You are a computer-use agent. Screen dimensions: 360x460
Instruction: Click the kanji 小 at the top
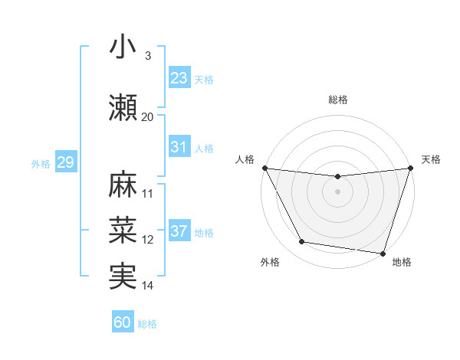pos(123,47)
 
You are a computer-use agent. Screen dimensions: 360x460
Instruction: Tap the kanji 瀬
pos(123,107)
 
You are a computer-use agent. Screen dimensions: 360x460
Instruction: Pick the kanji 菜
pos(123,229)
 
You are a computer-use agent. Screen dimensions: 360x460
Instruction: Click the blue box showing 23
pos(179,77)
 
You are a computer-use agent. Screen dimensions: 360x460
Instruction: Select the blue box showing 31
pos(179,147)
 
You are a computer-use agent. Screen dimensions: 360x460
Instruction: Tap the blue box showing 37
pos(179,232)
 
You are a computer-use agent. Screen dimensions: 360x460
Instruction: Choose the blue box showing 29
pos(65,163)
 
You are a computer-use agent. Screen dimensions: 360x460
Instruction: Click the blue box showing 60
pos(123,322)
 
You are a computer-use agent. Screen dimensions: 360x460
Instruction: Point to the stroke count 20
pos(147,117)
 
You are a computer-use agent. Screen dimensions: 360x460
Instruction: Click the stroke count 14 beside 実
pos(148,286)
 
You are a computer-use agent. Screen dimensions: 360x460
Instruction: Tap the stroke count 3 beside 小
pos(147,56)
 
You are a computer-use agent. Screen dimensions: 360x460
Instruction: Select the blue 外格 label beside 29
pos(41,164)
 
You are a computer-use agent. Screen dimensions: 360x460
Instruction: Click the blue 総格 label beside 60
pos(147,324)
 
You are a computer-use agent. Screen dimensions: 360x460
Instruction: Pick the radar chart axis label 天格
pos(431,159)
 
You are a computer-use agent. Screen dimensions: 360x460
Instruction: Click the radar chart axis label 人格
pos(245,159)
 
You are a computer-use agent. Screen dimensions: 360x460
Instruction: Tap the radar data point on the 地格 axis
pos(383,253)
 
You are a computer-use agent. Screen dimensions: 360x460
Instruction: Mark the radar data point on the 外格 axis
pos(302,242)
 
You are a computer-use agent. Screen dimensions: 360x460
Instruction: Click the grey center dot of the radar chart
pos(337,191)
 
